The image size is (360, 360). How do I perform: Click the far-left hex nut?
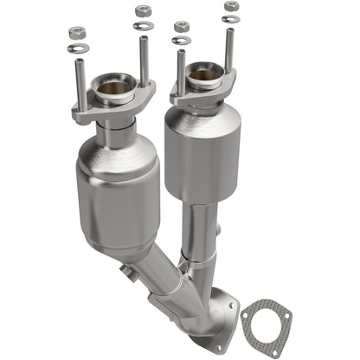[x=75, y=32]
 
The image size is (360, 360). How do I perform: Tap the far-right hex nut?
[x=231, y=6]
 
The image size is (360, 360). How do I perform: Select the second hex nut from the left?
[x=143, y=10]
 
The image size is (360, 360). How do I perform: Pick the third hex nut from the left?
[x=181, y=27]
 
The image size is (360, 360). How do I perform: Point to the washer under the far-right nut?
[x=231, y=19]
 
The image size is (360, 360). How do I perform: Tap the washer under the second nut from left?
[x=143, y=26]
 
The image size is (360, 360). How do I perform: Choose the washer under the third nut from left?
[x=181, y=40]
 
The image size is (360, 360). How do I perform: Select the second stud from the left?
[x=143, y=61]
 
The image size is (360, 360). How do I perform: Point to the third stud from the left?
[x=181, y=73]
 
